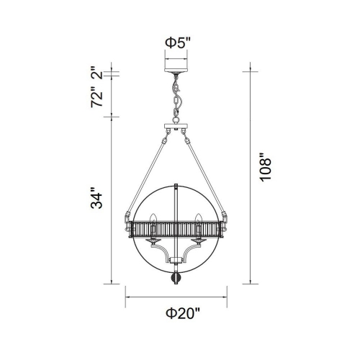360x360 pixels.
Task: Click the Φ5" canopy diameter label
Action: [x=176, y=42]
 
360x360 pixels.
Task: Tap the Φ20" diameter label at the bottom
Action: [x=177, y=313]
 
